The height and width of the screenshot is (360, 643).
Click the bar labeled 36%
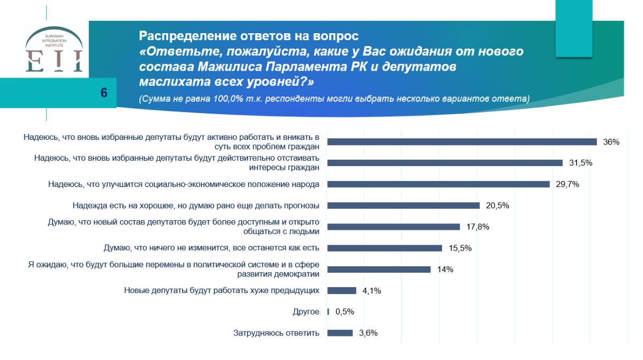[462, 142]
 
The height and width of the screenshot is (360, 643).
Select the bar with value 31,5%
[445, 163]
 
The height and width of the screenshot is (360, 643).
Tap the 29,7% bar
[438, 184]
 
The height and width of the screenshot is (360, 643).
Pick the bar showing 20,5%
[403, 205]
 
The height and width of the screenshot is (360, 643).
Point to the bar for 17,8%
[393, 227]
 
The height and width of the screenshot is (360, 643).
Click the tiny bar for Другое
[328, 312]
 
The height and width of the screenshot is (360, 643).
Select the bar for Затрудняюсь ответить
[340, 333]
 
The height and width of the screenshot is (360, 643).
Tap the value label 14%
[445, 269]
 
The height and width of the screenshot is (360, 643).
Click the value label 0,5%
[345, 312]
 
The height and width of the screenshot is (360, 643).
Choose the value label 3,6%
[368, 333]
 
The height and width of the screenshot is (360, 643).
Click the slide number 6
[104, 92]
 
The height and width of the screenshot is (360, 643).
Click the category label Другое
[306, 312]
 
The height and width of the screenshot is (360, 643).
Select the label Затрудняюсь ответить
[276, 333]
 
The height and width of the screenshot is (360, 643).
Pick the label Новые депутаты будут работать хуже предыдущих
[222, 290]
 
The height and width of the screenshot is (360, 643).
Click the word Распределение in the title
[181, 36]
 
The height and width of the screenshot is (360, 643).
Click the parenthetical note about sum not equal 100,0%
[333, 99]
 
